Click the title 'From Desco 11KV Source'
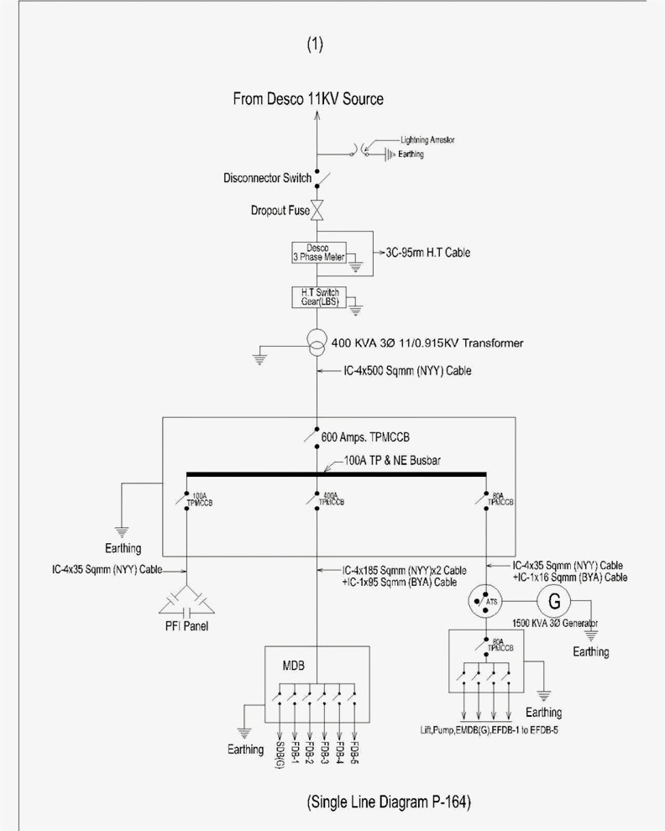click(x=308, y=99)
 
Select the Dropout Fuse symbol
click(x=318, y=211)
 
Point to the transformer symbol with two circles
click(x=317, y=343)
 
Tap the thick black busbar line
click(x=336, y=473)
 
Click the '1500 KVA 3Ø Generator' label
click(x=555, y=625)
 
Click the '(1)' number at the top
click(x=316, y=44)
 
